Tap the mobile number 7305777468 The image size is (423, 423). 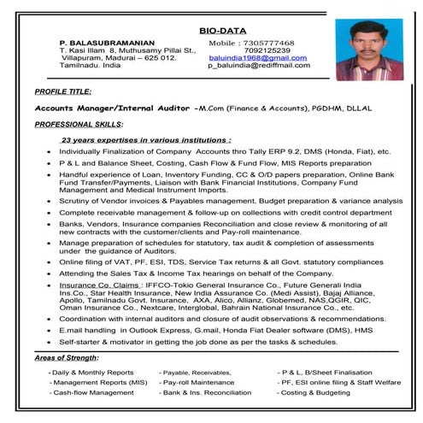coord(267,42)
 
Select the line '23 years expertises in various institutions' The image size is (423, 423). coord(145,138)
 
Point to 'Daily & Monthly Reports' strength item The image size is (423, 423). coord(92,373)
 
